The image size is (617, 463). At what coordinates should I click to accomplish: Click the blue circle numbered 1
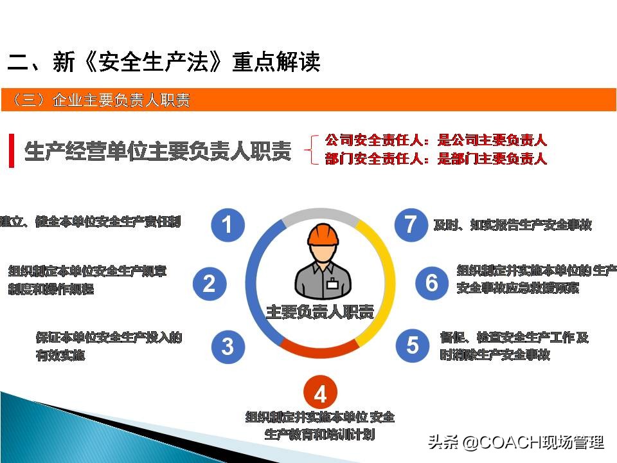pos(228,224)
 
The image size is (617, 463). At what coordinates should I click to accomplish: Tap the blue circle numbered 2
pos(210,283)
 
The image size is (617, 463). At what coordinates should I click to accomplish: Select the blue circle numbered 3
pos(228,346)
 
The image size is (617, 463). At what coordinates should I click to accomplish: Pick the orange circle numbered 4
pos(320,394)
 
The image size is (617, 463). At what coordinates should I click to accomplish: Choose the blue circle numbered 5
pos(412,345)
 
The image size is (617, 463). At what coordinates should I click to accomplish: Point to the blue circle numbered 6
pos(432,282)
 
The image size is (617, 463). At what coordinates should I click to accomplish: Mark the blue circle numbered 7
pos(411,224)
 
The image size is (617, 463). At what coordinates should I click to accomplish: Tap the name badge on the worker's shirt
pos(332,284)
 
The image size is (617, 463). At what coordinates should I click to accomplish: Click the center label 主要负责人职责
pos(319,313)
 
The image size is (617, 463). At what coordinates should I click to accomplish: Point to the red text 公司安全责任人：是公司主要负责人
pos(436,140)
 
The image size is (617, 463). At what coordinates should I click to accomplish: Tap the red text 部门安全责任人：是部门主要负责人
pos(436,158)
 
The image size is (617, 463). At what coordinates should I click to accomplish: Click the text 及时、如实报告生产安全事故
pos(512,224)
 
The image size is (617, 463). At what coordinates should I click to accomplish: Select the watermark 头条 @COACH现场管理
pos(515,442)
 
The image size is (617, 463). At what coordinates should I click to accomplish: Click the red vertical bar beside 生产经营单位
pos(11,150)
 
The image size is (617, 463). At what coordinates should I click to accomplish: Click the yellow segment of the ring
pos(380,277)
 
